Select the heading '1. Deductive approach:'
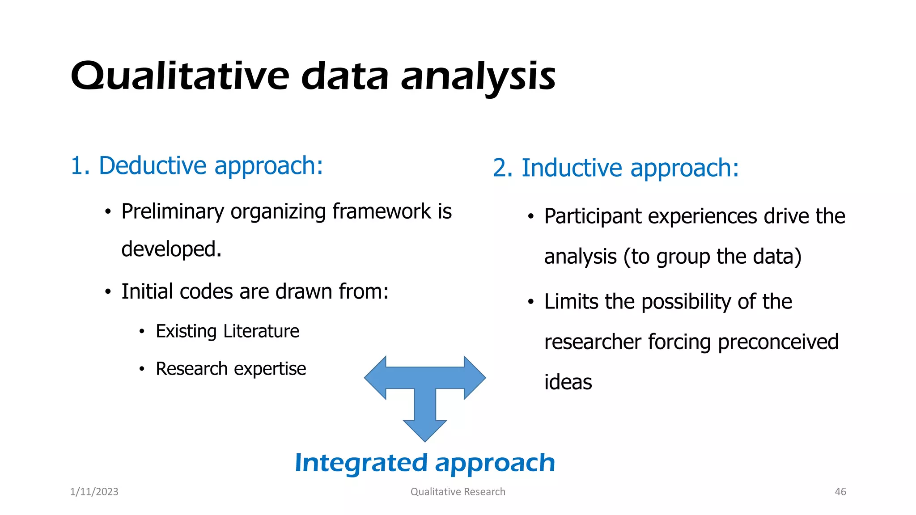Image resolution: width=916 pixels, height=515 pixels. pyautogui.click(x=197, y=166)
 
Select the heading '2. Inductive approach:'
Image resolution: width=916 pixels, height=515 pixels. pyautogui.click(x=615, y=169)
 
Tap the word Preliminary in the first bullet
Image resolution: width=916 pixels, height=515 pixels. pyautogui.click(x=172, y=212)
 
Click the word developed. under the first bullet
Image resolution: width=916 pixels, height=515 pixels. pyautogui.click(x=171, y=249)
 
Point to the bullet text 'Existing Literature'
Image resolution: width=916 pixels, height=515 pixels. pyautogui.click(x=227, y=331)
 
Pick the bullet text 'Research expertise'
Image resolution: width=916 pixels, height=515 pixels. pyautogui.click(x=231, y=369)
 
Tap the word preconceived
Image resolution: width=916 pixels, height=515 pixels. pyautogui.click(x=778, y=342)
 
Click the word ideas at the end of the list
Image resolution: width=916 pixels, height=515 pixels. pyautogui.click(x=568, y=382)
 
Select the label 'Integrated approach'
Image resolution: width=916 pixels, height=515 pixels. pyautogui.click(x=425, y=463)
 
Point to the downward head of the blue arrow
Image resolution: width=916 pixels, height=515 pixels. pyautogui.click(x=425, y=430)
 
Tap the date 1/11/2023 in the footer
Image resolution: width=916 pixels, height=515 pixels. pyautogui.click(x=94, y=492)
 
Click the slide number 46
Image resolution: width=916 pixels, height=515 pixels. pyautogui.click(x=840, y=492)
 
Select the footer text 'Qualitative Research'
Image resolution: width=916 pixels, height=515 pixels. pyautogui.click(x=458, y=492)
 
